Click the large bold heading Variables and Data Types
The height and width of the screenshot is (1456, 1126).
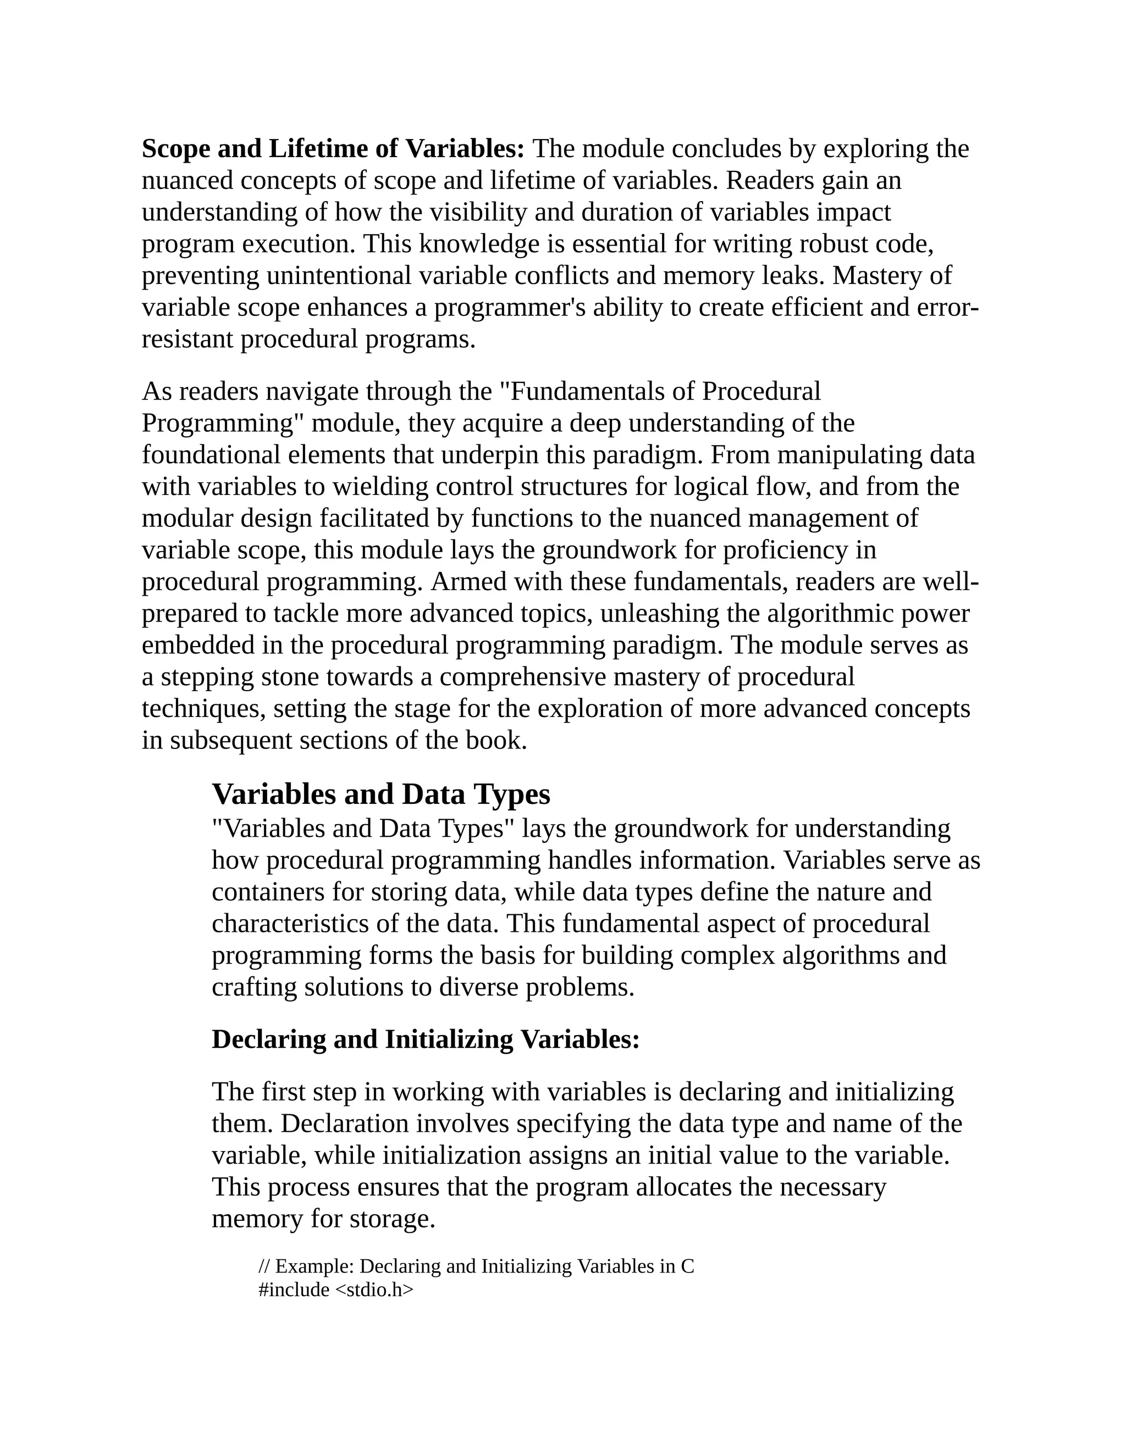click(x=381, y=794)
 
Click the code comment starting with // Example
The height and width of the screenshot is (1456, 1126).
click(x=476, y=1266)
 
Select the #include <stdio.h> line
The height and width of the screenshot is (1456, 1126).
click(x=335, y=1290)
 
